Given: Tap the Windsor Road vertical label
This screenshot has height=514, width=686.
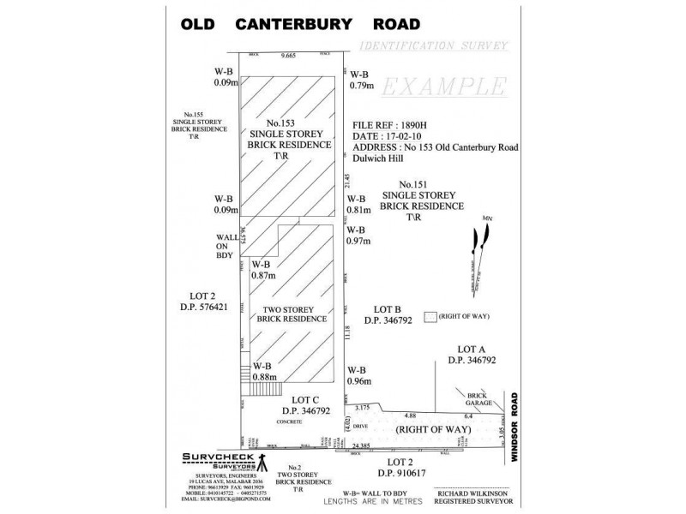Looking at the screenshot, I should pos(516,428).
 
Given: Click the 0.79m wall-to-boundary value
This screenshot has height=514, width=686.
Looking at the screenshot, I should pos(362,85).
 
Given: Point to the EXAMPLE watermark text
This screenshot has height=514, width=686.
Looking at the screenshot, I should pos(442,87).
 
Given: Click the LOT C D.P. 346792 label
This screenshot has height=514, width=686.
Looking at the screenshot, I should pos(317,406).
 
